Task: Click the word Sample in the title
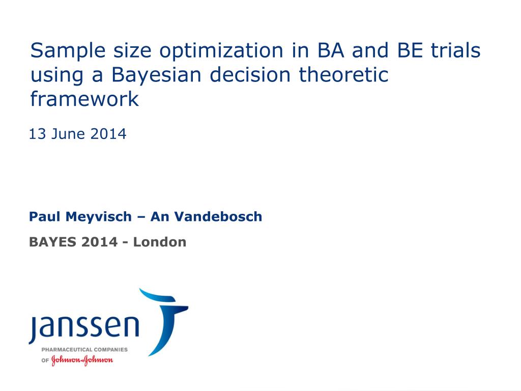(68, 50)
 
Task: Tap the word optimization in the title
(221, 50)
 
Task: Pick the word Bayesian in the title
(157, 75)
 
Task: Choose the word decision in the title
(250, 74)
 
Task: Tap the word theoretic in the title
(343, 74)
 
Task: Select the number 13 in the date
(37, 134)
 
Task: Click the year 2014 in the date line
(108, 134)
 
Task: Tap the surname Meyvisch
(99, 217)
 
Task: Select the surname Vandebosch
(218, 216)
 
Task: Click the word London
(159, 242)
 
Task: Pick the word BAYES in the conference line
(53, 242)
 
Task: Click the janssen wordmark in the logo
(84, 327)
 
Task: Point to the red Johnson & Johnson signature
(82, 360)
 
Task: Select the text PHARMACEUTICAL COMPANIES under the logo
(84, 349)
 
